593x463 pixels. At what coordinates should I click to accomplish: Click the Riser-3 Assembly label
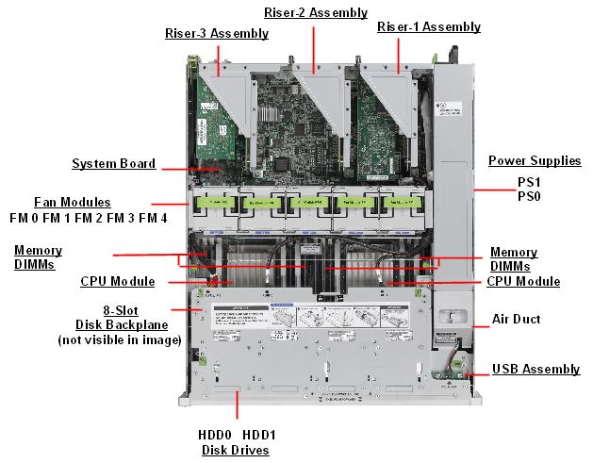(x=216, y=34)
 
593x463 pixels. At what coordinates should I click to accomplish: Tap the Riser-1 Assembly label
(x=428, y=27)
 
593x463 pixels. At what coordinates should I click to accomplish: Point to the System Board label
(x=114, y=164)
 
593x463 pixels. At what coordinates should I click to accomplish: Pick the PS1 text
(x=528, y=181)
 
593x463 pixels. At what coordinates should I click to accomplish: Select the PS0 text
(x=528, y=196)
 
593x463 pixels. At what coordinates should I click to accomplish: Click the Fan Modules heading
(x=73, y=203)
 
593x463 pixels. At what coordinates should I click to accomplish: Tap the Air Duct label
(x=516, y=319)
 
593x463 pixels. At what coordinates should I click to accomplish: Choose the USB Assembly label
(x=535, y=369)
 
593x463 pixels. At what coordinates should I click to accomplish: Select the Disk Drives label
(x=236, y=450)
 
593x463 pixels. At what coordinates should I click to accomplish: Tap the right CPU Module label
(x=523, y=281)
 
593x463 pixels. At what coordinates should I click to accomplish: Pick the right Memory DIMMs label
(x=514, y=259)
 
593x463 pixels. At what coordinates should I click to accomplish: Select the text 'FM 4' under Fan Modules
(x=152, y=218)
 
